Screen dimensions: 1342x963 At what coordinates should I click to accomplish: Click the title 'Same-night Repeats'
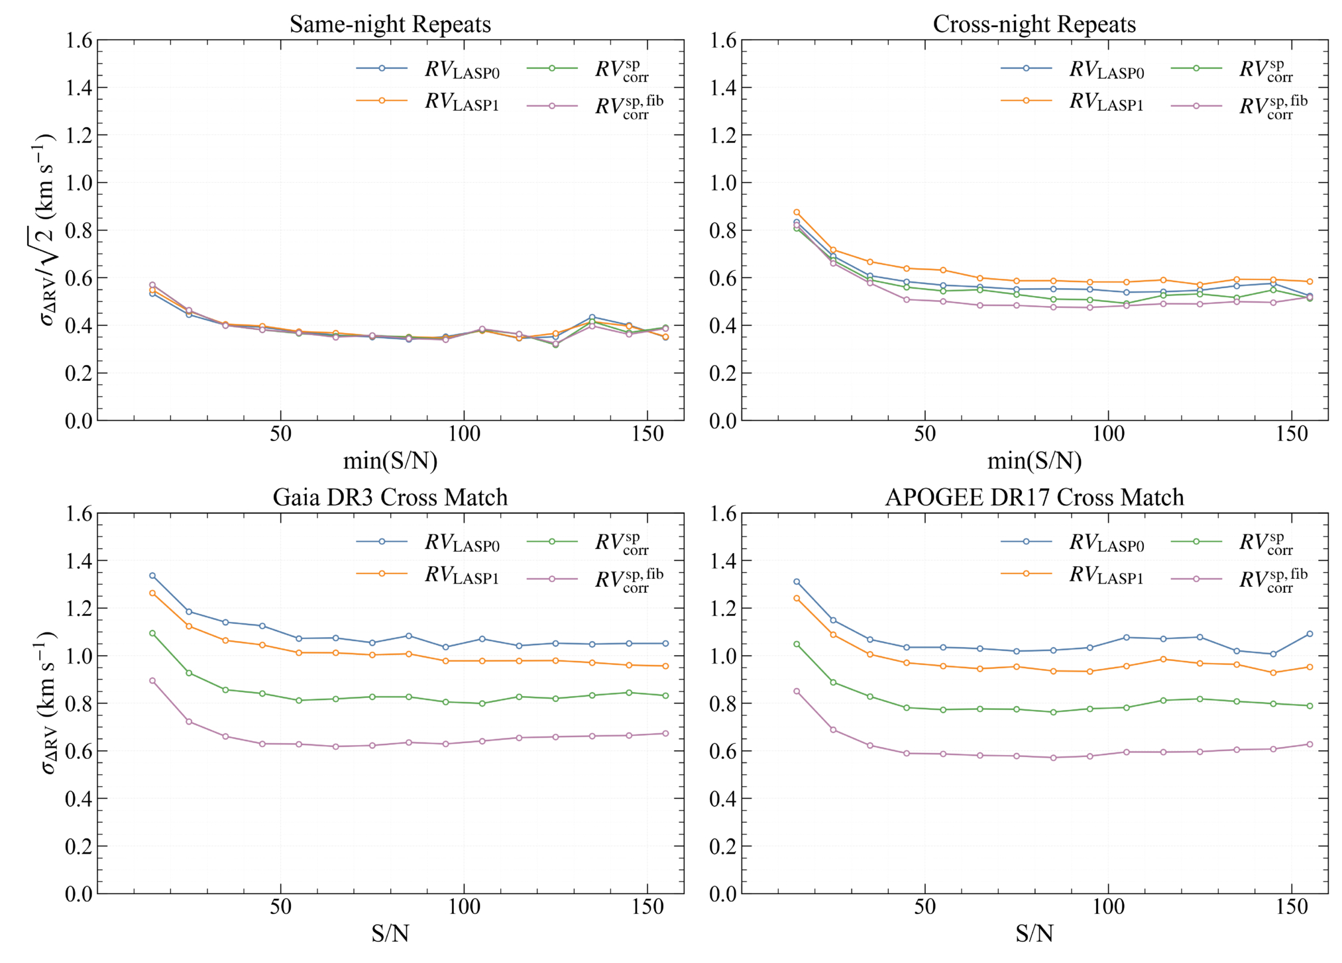coord(390,25)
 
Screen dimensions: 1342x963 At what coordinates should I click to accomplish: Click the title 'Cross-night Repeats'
coord(1034,25)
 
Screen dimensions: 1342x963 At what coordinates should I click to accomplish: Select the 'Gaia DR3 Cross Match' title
coord(390,497)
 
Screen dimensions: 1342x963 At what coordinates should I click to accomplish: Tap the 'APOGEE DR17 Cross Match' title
coord(1034,497)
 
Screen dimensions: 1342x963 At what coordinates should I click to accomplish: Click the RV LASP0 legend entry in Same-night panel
coord(427,69)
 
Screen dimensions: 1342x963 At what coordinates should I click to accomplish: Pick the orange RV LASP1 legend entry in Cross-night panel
coord(1072,101)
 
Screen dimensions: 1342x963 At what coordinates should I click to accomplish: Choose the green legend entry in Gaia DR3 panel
coord(587,542)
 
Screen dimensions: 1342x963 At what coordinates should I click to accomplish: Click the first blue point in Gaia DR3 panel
coord(152,576)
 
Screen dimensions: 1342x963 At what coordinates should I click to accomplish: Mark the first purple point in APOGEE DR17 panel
coord(797,691)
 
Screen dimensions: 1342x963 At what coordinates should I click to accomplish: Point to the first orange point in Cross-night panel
coord(797,213)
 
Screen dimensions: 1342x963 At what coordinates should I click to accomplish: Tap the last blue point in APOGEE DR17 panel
coord(1310,634)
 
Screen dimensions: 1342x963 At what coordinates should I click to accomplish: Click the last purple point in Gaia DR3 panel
coord(665,733)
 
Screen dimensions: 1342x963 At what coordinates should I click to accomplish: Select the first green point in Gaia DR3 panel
coord(152,633)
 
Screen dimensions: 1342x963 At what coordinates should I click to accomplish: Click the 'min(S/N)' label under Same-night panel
coord(390,461)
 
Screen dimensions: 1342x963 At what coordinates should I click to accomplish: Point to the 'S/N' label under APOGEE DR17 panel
coord(1034,934)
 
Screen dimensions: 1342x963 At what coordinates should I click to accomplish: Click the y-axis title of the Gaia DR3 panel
coord(48,703)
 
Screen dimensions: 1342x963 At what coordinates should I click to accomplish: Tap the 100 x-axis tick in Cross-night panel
coord(1108,434)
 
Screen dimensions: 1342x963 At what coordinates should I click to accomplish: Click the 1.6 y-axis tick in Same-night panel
coord(79,40)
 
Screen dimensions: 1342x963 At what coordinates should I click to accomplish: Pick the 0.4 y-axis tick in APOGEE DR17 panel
coord(723,799)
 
